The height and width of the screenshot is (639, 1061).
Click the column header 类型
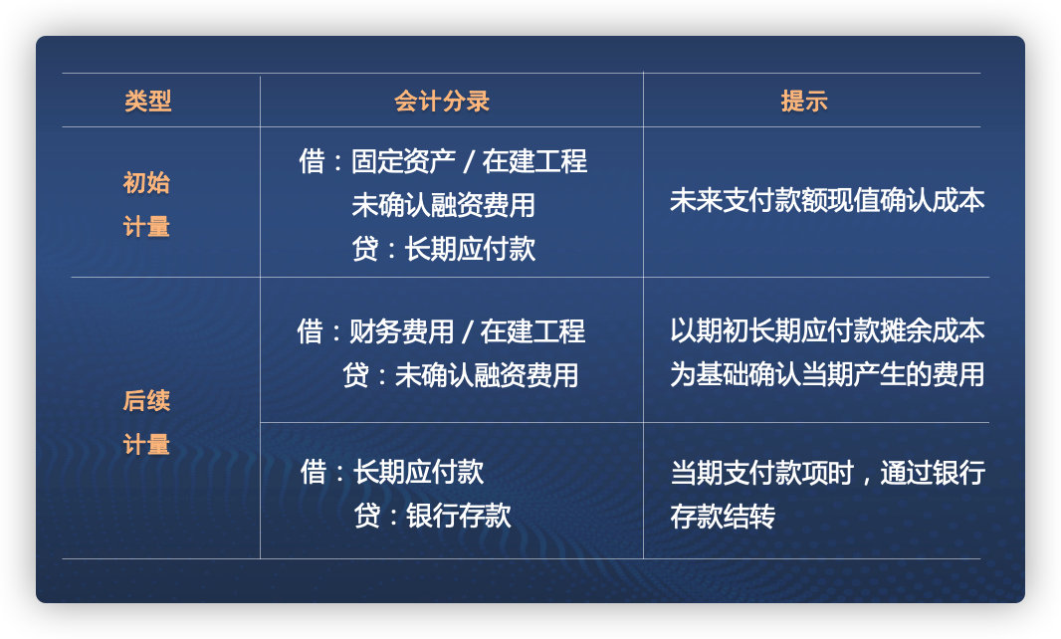(147, 102)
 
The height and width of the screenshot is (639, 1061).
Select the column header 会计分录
(442, 102)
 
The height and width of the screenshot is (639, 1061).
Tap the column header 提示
(804, 102)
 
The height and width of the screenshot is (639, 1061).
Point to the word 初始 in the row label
(146, 183)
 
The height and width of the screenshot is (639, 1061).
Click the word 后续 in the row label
(146, 401)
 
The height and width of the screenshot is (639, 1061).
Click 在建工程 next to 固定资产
(534, 161)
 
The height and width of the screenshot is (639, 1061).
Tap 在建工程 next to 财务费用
(532, 331)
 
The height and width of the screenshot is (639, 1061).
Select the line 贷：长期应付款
(443, 249)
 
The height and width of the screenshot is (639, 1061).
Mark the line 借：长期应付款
(392, 472)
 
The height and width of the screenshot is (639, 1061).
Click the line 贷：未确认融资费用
(460, 376)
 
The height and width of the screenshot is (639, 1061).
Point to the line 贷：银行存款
(432, 516)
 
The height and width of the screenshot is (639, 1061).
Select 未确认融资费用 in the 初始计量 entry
(443, 205)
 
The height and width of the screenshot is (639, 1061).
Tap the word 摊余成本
(933, 331)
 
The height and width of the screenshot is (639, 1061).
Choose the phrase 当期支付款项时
(761, 472)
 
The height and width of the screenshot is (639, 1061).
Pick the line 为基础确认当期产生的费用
(827, 375)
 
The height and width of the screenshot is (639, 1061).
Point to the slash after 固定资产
(469, 162)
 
